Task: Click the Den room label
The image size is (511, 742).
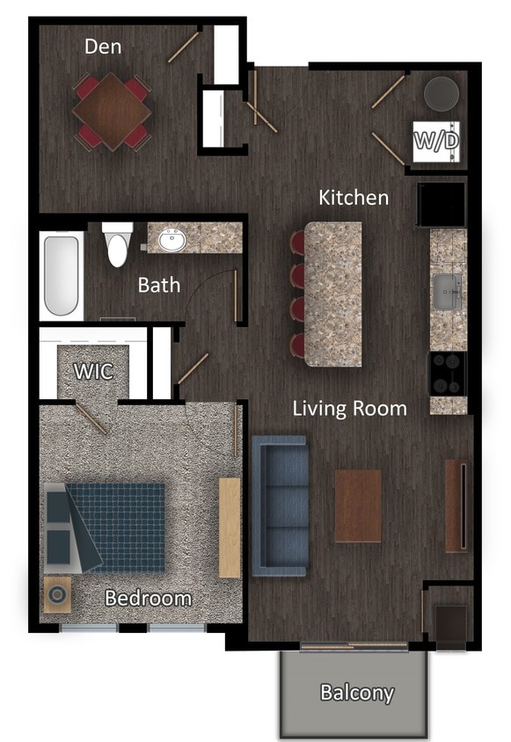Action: click(103, 46)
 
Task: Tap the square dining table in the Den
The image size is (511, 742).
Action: click(111, 109)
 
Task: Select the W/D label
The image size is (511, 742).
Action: click(436, 141)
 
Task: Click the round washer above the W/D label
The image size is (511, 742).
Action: click(441, 94)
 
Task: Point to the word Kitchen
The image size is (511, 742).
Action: click(354, 197)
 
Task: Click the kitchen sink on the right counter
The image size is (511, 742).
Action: click(447, 290)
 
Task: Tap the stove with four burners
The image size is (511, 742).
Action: click(447, 374)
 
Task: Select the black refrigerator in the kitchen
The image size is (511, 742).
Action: click(442, 204)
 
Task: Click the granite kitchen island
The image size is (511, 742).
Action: click(333, 294)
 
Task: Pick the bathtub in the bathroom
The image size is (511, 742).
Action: click(62, 274)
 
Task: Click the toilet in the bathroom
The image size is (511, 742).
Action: click(118, 244)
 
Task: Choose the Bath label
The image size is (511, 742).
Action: click(159, 285)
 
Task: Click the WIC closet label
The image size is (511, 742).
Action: click(93, 371)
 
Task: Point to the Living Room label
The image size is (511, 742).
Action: click(349, 408)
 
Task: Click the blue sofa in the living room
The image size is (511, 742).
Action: click(280, 506)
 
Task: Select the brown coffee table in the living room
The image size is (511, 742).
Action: click(358, 506)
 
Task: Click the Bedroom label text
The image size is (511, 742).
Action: click(148, 599)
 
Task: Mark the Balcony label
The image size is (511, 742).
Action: click(356, 692)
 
